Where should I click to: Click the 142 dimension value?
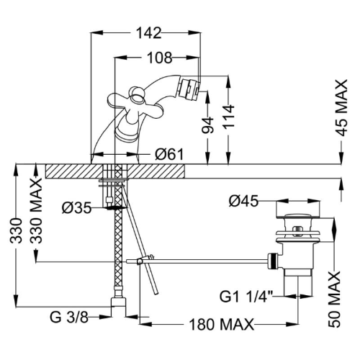pos(149,32)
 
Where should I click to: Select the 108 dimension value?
pos(160,58)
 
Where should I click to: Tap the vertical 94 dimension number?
pos(207,125)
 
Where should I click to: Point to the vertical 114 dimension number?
pos(228,117)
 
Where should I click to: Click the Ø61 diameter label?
pos(169,154)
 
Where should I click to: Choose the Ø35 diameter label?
pos(76,208)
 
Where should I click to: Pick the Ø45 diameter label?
pos(243,201)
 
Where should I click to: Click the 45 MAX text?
pos(341,108)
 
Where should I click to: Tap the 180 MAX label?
pos(222,325)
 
